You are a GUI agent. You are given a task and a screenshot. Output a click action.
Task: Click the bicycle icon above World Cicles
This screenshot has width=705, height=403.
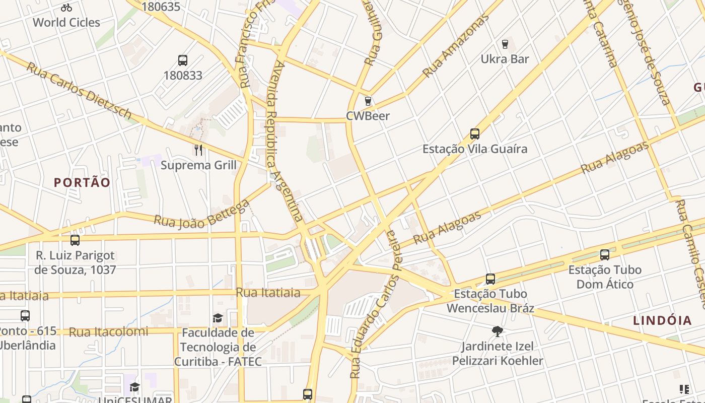click(x=66, y=8)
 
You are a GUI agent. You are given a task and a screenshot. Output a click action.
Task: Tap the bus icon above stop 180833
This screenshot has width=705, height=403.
click(x=183, y=60)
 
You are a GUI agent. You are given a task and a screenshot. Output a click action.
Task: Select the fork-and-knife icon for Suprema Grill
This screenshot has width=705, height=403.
click(x=198, y=150)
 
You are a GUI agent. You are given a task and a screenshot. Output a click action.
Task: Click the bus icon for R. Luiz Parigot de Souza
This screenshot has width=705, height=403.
click(x=75, y=240)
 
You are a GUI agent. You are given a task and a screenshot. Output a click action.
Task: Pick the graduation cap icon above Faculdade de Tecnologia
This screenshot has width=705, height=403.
click(x=218, y=318)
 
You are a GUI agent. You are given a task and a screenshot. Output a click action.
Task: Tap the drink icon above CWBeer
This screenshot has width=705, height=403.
click(x=368, y=101)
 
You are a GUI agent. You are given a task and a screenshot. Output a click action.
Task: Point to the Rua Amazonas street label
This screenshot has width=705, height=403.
click(x=456, y=46)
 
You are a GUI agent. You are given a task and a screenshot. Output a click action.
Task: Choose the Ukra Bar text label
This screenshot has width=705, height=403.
click(x=505, y=59)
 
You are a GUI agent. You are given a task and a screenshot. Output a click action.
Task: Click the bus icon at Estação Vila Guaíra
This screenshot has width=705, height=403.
click(x=475, y=134)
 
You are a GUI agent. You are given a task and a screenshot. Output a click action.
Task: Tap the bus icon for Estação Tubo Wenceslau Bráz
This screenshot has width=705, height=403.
click(x=490, y=279)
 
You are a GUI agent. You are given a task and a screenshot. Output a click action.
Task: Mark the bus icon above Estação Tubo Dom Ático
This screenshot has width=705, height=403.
click(x=605, y=255)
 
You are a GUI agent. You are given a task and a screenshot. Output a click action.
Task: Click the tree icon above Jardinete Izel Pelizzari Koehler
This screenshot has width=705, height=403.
click(x=498, y=331)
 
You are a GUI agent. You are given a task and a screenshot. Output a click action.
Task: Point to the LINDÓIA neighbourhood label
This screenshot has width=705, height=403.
click(x=662, y=320)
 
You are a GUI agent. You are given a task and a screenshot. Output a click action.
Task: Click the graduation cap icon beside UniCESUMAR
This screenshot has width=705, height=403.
click(x=134, y=387)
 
